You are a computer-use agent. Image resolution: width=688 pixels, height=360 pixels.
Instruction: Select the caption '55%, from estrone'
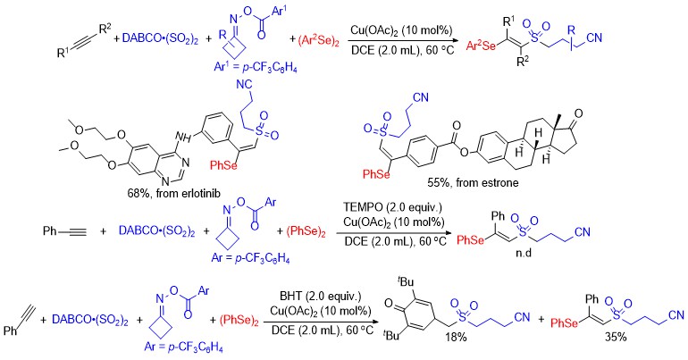tap(473, 182)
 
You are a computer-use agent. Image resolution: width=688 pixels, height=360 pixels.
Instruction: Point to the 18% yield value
tap(455, 336)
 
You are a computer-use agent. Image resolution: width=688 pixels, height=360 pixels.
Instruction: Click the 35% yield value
tap(615, 337)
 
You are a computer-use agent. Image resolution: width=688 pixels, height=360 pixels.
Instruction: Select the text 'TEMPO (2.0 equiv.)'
tap(394, 207)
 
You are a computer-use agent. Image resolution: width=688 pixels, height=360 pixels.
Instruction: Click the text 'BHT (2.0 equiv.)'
tap(320, 297)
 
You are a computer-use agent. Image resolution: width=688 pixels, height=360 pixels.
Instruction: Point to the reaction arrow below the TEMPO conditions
tap(393, 233)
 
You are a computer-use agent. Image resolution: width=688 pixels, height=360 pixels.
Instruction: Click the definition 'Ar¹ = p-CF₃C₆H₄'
tap(256, 68)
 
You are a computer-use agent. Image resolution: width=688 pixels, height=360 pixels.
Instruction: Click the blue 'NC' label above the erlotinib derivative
tap(244, 84)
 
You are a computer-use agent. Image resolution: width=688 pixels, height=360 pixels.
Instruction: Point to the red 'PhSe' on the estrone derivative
tap(376, 174)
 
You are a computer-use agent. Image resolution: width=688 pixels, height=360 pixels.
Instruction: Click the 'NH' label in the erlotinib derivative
tap(186, 138)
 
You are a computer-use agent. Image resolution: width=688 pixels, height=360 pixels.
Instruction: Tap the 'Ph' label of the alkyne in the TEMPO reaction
tap(50, 230)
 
